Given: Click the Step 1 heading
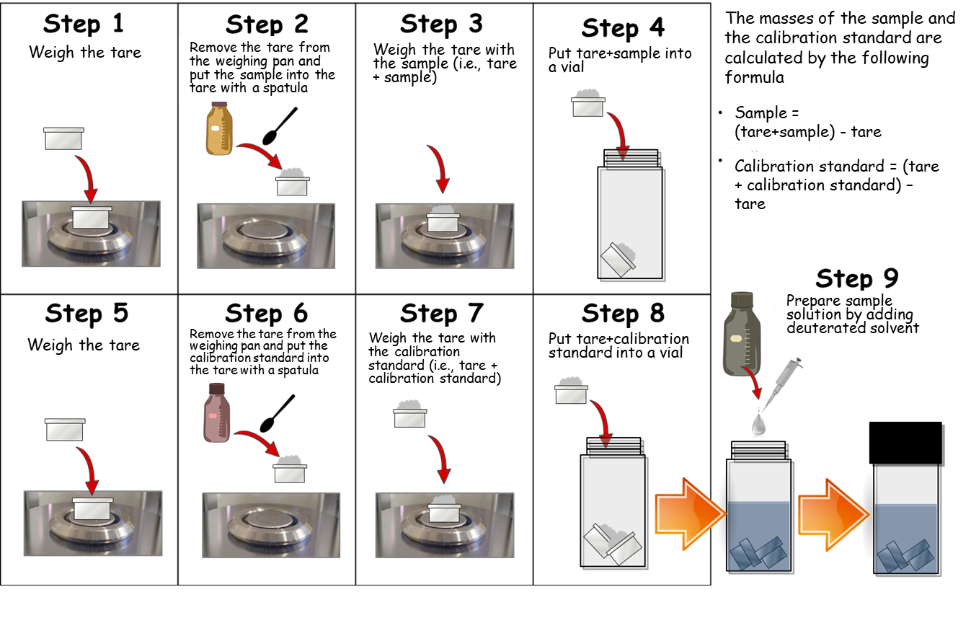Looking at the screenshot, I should (x=84, y=24).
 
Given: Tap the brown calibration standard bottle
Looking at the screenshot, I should (x=217, y=412).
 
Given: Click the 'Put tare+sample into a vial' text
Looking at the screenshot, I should (x=620, y=59).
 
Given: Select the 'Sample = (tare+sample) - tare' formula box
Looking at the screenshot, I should (x=817, y=123).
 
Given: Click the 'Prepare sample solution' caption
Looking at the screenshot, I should (x=853, y=314).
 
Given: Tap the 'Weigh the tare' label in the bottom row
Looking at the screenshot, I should (x=84, y=345).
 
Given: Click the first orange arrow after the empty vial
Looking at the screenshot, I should (x=688, y=509).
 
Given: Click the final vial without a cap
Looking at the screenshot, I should (x=905, y=519).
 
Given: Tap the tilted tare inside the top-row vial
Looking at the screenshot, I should (x=618, y=257).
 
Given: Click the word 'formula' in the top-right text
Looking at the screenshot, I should (x=755, y=76).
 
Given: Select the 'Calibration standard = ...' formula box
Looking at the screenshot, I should (x=838, y=185).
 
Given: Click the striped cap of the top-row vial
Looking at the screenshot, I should (x=632, y=160).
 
